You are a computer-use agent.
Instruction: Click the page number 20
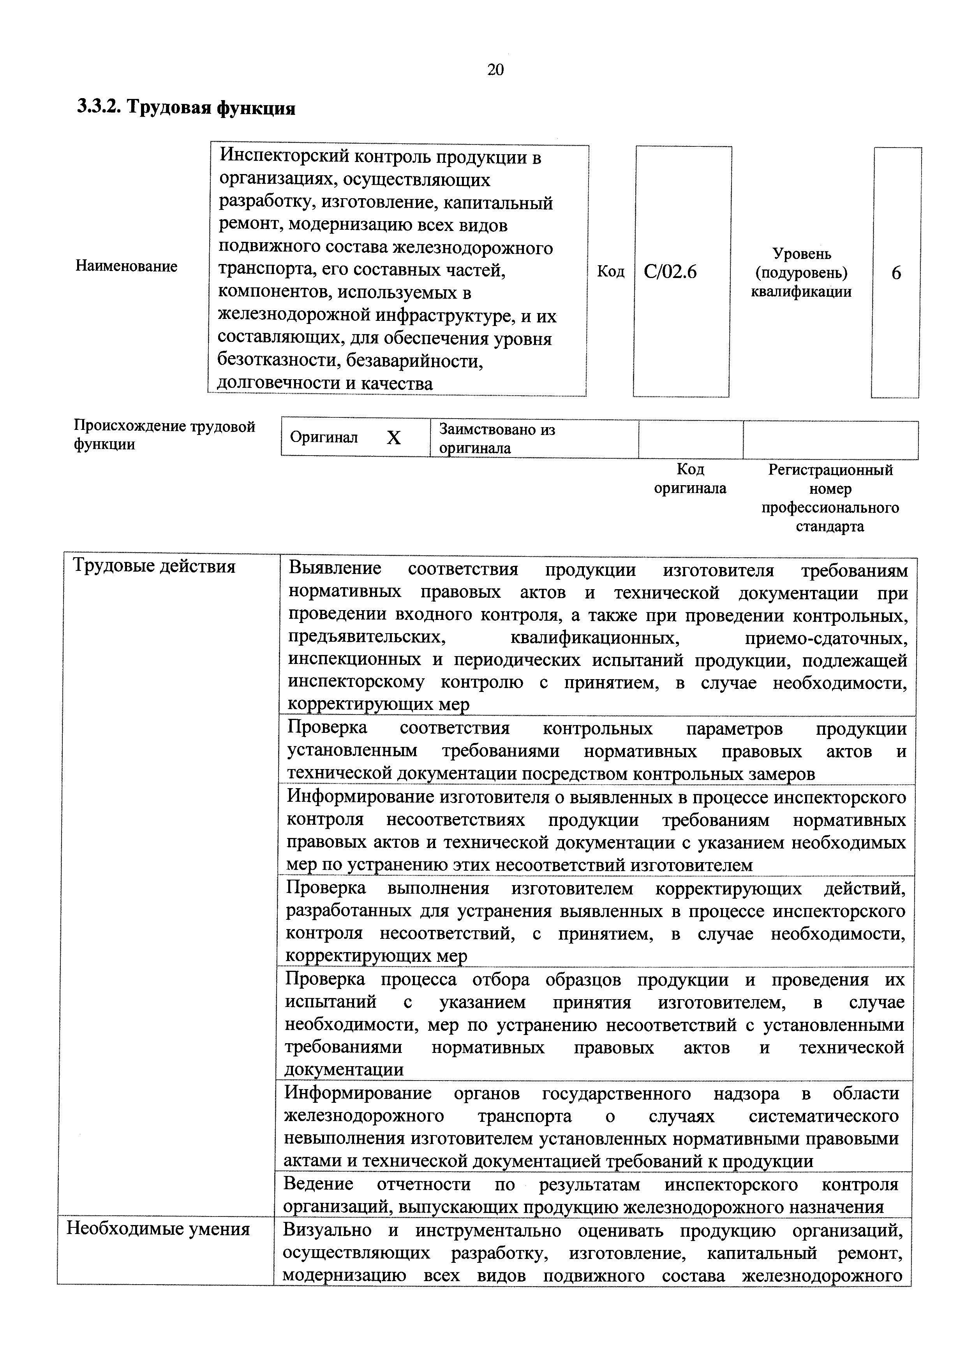[x=495, y=70]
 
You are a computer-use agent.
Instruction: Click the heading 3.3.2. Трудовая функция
[x=186, y=108]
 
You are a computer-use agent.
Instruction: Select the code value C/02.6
[x=670, y=272]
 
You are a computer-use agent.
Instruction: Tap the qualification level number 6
[x=896, y=273]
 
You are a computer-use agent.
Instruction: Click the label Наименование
[x=126, y=266]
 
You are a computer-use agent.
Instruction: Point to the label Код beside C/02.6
[x=611, y=272]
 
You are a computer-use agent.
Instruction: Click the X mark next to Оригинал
[x=393, y=438]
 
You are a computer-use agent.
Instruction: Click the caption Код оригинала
[x=691, y=479]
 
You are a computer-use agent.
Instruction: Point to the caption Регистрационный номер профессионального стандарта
[x=830, y=498]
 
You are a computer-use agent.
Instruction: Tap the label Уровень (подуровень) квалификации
[x=801, y=273]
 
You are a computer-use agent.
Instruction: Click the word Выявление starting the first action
[x=335, y=569]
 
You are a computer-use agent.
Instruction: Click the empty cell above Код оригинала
[x=691, y=439]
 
